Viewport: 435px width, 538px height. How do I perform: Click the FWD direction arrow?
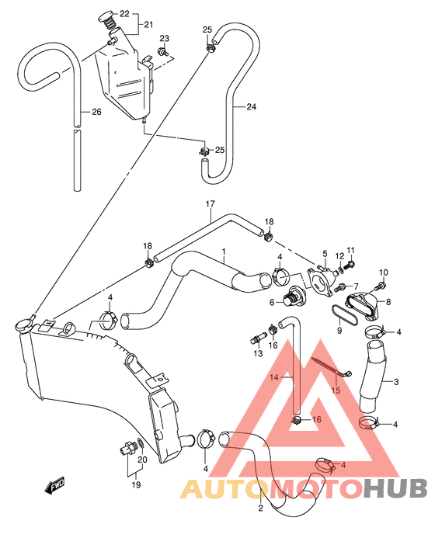(54, 486)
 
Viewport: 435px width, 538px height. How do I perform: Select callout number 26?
(96, 112)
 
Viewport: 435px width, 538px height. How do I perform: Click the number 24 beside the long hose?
(252, 106)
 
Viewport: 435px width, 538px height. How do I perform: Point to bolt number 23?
(162, 51)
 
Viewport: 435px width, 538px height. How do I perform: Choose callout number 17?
(210, 204)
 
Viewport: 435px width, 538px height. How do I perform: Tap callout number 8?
(388, 302)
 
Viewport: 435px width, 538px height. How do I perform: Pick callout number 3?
(396, 381)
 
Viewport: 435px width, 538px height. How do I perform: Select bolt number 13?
(257, 337)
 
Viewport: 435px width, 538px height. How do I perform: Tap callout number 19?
(136, 484)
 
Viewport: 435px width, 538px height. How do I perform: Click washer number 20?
(140, 444)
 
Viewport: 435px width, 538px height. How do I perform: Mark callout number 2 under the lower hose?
(260, 508)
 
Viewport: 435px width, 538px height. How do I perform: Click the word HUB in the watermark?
(395, 488)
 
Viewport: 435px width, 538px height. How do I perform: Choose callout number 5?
(325, 254)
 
